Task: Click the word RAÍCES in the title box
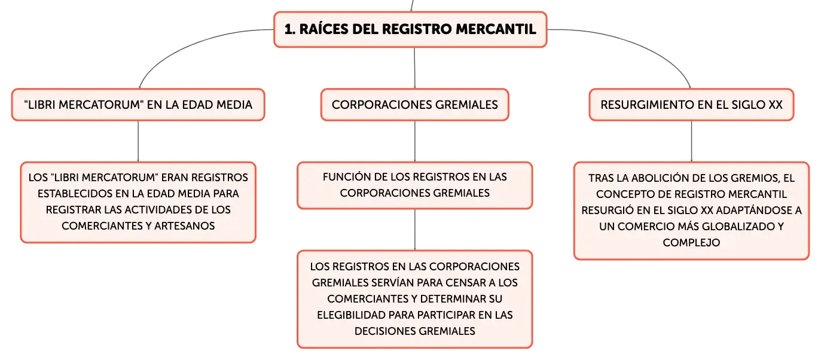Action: (323, 29)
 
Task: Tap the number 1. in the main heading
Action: (290, 29)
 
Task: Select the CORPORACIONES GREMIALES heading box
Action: (414, 105)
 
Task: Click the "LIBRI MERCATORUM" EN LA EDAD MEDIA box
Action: (138, 105)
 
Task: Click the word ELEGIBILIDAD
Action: (351, 315)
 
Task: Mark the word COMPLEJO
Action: (691, 242)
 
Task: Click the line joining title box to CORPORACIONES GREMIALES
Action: (414, 68)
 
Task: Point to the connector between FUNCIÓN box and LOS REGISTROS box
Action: (415, 230)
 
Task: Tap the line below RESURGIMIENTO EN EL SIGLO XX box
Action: (692, 142)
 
